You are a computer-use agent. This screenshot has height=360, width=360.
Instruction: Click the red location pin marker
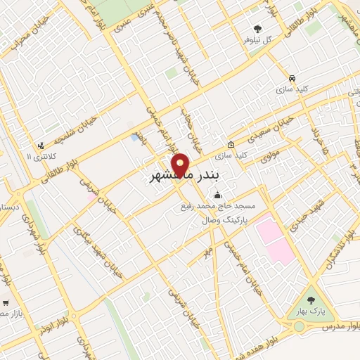[181, 165]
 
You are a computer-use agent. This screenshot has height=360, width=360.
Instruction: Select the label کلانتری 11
[39, 155]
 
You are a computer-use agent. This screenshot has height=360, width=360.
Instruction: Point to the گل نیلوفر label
[257, 40]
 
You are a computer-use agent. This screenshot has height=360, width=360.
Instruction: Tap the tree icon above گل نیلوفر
[257, 30]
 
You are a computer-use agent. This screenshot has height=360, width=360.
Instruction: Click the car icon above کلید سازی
[292, 78]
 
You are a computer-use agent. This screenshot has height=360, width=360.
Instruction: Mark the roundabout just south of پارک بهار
[299, 326]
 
